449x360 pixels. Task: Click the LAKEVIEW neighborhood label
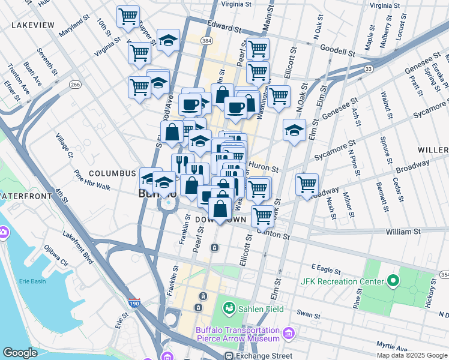click(33, 26)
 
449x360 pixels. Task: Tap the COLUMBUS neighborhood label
click(112, 173)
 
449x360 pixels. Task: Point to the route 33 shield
click(369, 70)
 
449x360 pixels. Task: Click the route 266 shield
click(75, 85)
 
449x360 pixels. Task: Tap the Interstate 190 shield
click(134, 305)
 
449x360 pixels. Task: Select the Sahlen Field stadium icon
click(229, 308)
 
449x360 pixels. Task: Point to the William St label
click(403, 231)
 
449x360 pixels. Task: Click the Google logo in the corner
click(20, 353)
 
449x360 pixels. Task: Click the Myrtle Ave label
click(392, 346)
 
